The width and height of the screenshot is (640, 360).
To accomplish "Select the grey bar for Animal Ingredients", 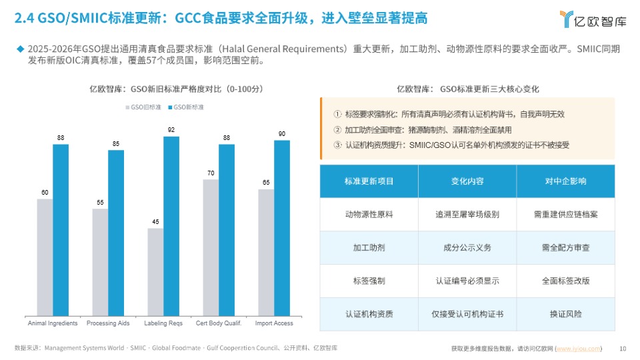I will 45,257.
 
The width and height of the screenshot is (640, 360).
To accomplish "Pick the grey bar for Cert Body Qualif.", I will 211,247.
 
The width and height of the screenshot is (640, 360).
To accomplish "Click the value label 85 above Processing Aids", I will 116,144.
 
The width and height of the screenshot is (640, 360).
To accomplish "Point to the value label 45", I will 155,222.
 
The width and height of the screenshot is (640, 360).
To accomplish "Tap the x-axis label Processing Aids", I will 108,323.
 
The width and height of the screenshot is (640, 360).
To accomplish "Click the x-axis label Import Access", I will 274,323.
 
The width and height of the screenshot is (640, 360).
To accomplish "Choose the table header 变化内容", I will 467,181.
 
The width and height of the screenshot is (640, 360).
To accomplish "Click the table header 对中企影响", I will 565,181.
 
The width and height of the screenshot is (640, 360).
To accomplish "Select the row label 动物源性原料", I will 369,215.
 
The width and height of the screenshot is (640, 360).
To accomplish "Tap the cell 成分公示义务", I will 467,248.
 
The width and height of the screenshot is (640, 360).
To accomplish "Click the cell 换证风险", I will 565,314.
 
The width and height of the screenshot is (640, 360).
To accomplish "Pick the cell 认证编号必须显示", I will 467,281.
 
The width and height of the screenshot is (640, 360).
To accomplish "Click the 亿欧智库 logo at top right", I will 593,20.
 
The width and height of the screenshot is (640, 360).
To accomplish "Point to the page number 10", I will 623,348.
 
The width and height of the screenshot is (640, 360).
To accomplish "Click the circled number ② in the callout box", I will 337,129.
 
